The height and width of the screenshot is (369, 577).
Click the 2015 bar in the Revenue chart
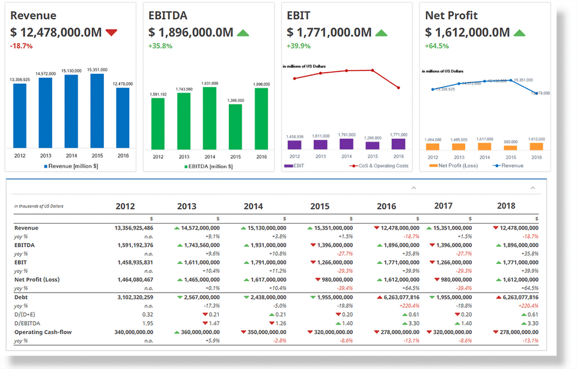[97, 111]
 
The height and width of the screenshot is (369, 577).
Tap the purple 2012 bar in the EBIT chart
[295, 144]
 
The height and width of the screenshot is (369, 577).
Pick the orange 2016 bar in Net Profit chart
[537, 146]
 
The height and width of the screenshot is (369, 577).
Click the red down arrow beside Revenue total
[111, 32]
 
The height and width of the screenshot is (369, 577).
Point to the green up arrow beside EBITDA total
[243, 32]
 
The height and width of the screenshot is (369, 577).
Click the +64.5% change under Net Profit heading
[436, 46]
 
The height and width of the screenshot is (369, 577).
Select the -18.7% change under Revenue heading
[21, 46]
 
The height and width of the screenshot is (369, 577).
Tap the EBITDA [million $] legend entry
[211, 165]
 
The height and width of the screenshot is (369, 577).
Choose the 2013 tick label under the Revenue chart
[45, 155]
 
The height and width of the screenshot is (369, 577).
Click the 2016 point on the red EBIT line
[398, 88]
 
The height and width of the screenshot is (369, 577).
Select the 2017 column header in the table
[443, 206]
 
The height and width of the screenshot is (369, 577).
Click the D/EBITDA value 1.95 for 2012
[147, 323]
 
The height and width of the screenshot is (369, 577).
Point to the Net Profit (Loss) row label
[37, 279]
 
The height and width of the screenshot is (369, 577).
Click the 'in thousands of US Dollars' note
[38, 206]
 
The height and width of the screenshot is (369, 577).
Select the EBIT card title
[299, 16]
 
